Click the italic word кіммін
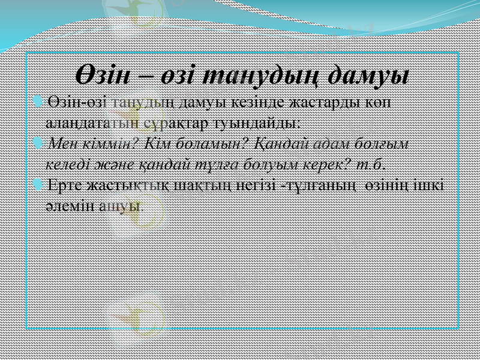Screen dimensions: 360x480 [103, 144]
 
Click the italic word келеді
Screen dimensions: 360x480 [68, 164]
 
